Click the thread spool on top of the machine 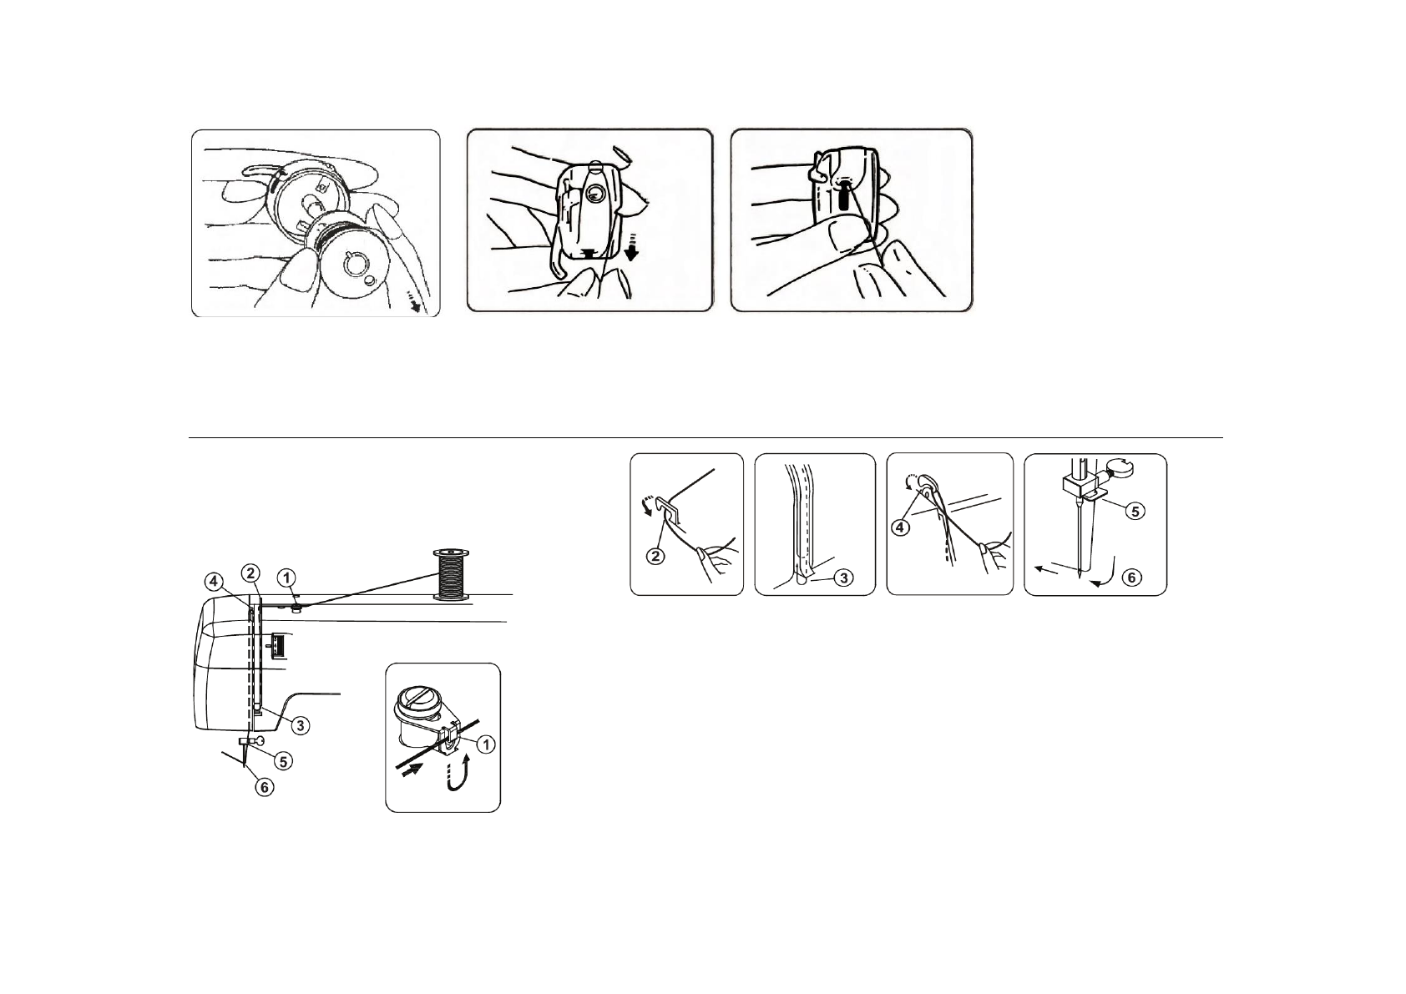tap(451, 574)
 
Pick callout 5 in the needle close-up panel tap(1133, 512)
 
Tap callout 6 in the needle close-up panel tap(1132, 577)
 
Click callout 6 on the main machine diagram tap(263, 785)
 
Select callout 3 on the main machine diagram tap(299, 724)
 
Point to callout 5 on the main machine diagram tap(284, 760)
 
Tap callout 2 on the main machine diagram tap(250, 573)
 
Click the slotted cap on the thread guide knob tap(425, 696)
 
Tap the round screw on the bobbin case tap(594, 194)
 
